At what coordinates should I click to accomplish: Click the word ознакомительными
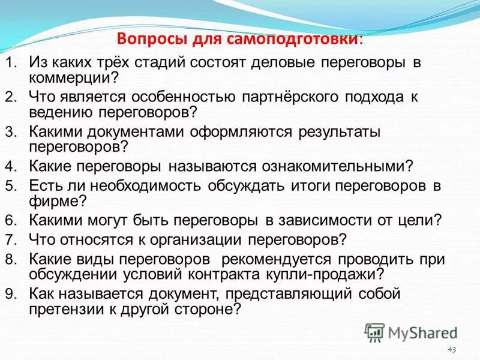tap(332, 166)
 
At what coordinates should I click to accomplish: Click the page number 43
tap(452, 350)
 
